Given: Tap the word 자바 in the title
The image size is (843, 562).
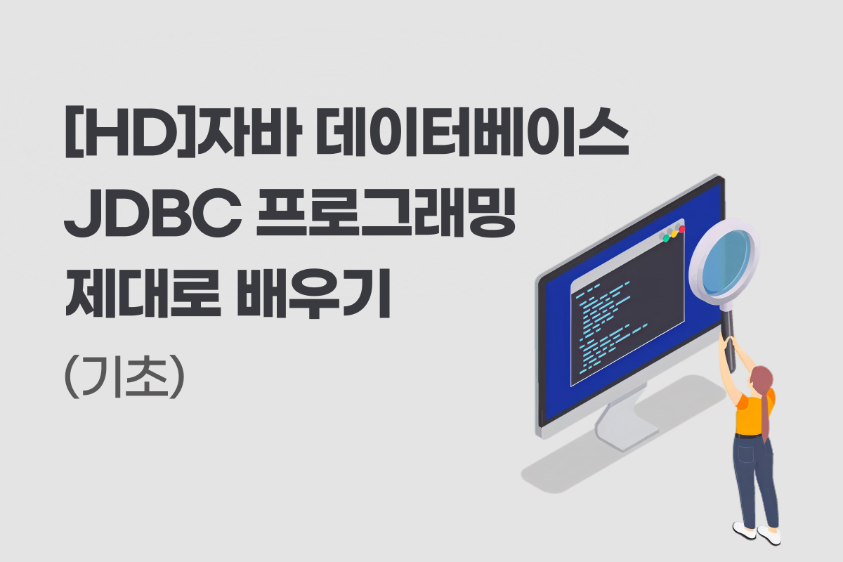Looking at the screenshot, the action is pyautogui.click(x=249, y=131).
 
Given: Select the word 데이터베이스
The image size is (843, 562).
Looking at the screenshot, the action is pyautogui.click(x=473, y=131).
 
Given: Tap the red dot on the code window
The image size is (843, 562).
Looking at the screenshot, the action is pyautogui.click(x=681, y=229).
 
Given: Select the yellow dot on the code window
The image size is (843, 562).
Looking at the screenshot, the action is pyautogui.click(x=674, y=233).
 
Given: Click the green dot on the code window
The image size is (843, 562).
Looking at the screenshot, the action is pyautogui.click(x=666, y=238).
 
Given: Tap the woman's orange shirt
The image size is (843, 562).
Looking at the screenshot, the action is pyautogui.click(x=753, y=413).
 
